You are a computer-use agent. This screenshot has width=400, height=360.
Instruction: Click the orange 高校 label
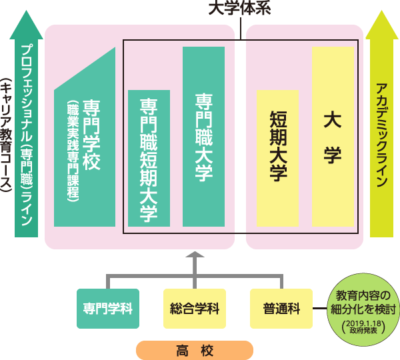click(195, 349)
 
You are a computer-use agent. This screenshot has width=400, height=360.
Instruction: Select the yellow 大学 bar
click(333, 136)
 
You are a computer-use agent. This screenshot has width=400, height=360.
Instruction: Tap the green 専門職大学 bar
click(203, 136)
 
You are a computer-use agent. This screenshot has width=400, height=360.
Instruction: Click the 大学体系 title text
click(241, 7)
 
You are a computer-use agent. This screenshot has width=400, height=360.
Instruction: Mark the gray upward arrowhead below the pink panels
click(195, 256)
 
